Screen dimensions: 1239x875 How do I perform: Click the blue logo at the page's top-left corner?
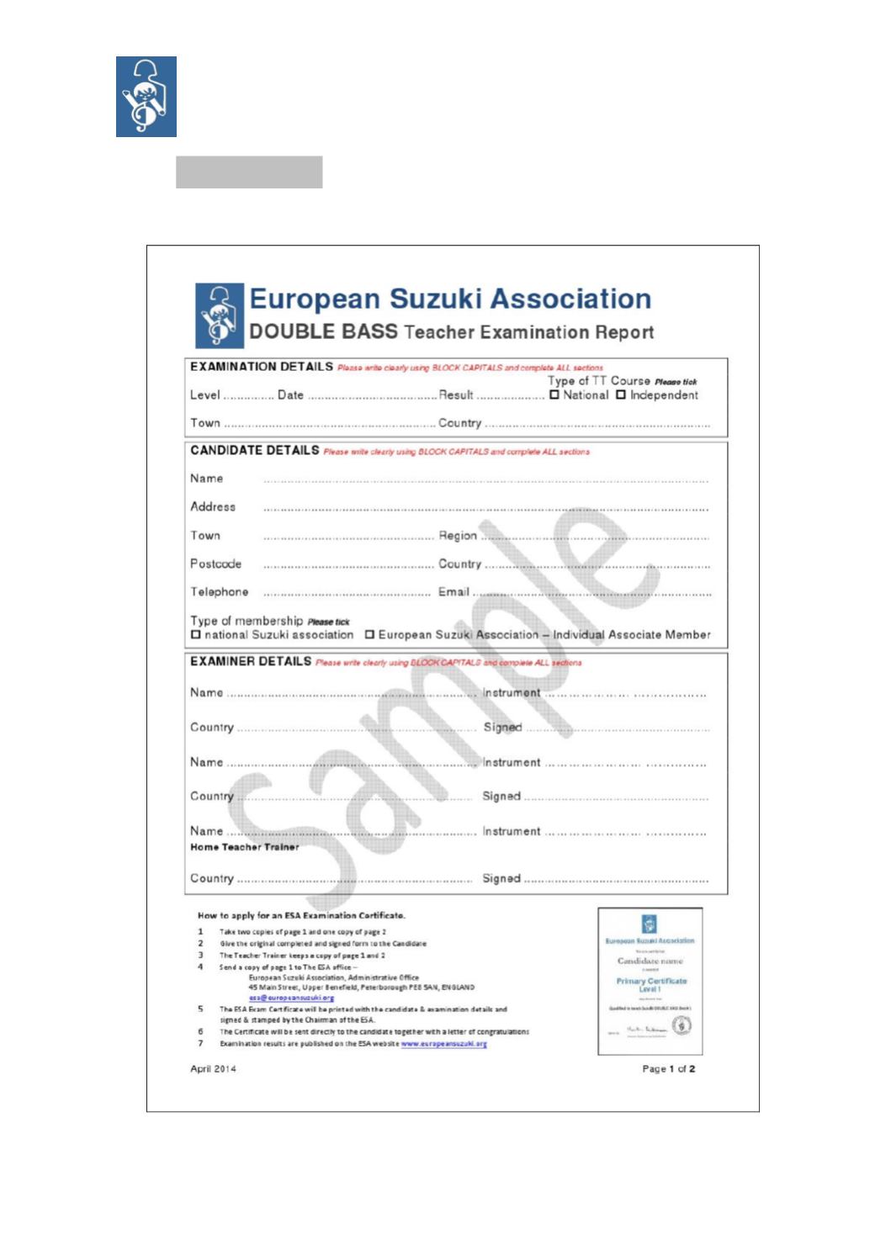[146, 96]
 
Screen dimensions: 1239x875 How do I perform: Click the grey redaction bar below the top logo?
[249, 172]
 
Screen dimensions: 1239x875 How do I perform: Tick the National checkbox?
[554, 394]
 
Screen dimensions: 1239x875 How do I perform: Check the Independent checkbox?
[621, 394]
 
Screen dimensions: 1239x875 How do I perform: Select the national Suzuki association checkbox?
[196, 634]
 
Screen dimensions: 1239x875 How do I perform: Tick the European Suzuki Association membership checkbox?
[369, 634]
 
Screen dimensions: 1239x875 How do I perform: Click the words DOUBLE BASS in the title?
[323, 331]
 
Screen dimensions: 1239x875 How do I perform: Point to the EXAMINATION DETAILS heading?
[261, 367]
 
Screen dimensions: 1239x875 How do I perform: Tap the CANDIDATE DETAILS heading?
[254, 451]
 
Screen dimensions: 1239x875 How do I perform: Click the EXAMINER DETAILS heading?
[250, 662]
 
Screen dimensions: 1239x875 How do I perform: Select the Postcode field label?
[215, 564]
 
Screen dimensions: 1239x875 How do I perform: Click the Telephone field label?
[219, 592]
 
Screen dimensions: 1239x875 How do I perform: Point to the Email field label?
[453, 592]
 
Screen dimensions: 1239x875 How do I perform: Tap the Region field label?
[458, 536]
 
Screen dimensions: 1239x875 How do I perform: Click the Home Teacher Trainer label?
[244, 847]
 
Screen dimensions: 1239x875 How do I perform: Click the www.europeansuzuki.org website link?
[443, 1044]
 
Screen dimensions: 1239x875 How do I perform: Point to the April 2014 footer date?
[213, 1069]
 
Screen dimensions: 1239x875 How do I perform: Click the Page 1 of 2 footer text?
[668, 1069]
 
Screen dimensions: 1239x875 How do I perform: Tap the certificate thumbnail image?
[650, 981]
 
